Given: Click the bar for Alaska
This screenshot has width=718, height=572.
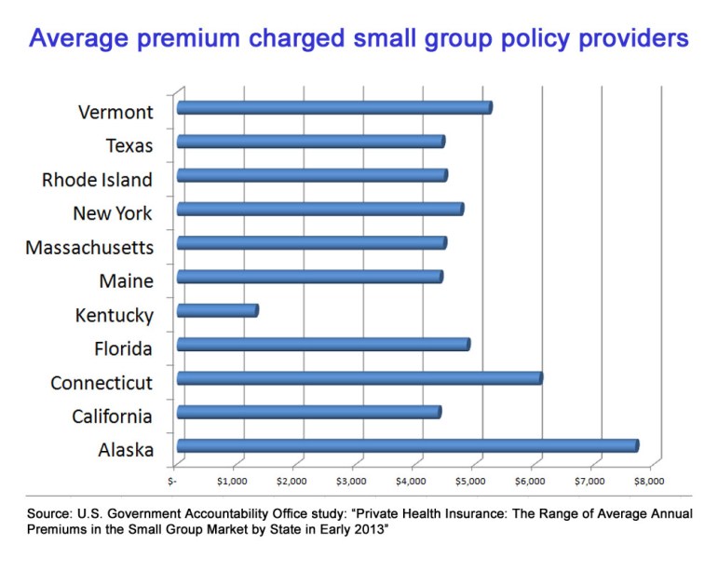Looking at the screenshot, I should [407, 446].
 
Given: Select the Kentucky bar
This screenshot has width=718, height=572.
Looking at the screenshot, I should [217, 310].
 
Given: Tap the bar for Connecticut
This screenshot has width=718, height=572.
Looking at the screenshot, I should [359, 378].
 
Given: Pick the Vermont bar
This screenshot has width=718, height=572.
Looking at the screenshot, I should [333, 108].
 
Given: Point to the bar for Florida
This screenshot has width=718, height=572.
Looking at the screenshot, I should [323, 345].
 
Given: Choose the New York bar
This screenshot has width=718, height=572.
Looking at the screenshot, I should [319, 209].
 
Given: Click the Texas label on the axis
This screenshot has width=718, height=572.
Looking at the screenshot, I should [130, 145].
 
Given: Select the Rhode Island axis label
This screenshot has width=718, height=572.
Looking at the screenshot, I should [97, 180].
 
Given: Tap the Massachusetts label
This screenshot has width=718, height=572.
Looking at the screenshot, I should [89, 248].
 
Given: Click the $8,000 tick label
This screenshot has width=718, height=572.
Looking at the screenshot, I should [648, 482].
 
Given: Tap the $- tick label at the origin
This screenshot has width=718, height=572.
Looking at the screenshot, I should [172, 482].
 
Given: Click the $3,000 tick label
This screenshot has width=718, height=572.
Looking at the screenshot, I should [350, 482].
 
